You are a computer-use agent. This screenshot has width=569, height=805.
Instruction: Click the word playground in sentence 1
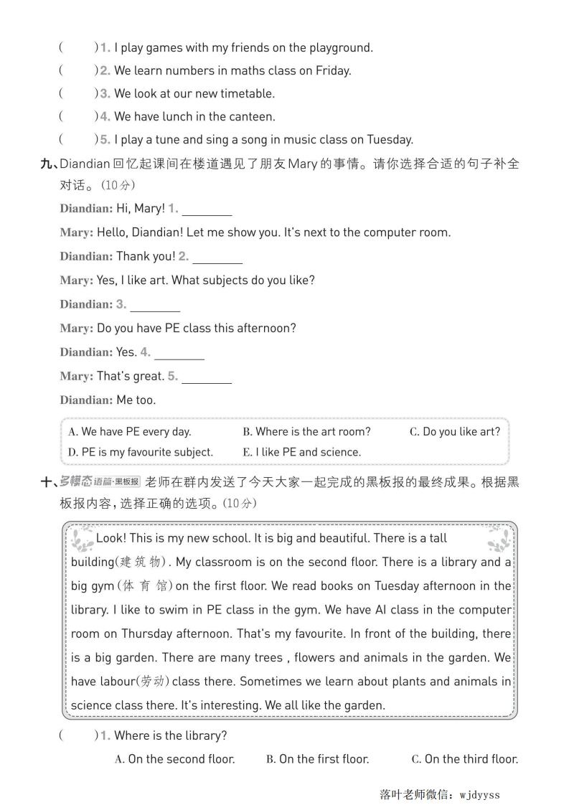(x=341, y=48)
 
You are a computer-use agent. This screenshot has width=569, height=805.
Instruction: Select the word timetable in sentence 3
(x=248, y=94)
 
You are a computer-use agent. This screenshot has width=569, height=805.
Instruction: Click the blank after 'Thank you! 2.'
(x=217, y=258)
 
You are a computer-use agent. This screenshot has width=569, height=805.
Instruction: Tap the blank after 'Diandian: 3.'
(x=155, y=306)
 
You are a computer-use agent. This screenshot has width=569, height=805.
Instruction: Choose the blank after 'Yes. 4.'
(x=179, y=354)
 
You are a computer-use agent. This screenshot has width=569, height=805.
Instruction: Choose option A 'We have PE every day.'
(x=129, y=432)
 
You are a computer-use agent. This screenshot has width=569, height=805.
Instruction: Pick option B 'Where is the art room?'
(x=306, y=432)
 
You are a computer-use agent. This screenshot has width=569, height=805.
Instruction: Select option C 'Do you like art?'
(x=455, y=432)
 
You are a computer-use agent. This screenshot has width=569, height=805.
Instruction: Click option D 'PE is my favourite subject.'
(x=141, y=453)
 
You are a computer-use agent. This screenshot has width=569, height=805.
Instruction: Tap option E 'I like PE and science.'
(x=302, y=453)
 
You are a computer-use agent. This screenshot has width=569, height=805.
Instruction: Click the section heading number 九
(x=48, y=164)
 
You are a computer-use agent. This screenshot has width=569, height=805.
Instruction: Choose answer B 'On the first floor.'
(x=317, y=759)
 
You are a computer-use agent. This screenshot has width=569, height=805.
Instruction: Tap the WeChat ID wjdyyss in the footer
(x=479, y=794)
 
